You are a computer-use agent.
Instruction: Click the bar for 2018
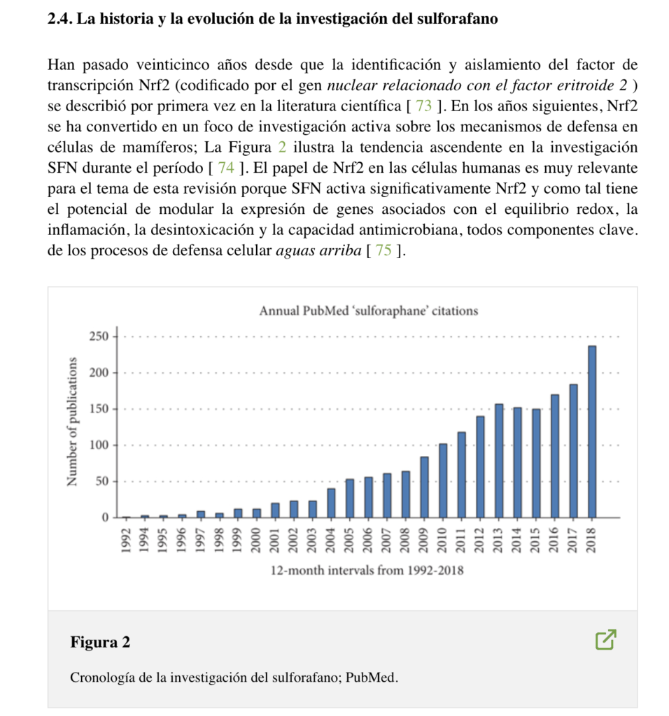[x=592, y=431]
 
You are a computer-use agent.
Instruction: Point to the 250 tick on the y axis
[x=99, y=336]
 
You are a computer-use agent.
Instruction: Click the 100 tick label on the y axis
[x=99, y=445]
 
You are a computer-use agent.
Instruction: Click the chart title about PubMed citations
[x=368, y=310]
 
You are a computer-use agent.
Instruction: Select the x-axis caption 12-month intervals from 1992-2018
[x=367, y=571]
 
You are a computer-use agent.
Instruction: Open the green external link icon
[x=606, y=639]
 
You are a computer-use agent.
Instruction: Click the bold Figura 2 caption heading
[x=100, y=642]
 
